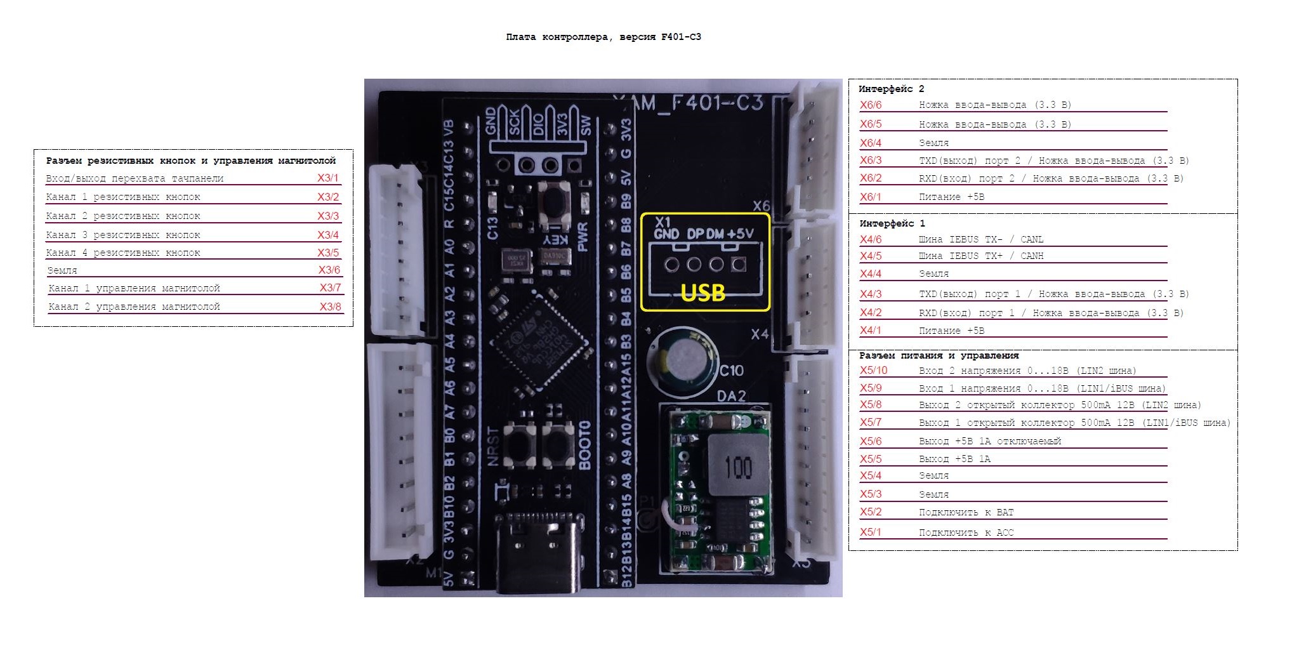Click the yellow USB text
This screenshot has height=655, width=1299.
[x=702, y=292]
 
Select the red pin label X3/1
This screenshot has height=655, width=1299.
[x=328, y=178]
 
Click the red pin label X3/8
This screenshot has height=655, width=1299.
[x=330, y=307]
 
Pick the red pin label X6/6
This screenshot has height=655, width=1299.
[x=871, y=105]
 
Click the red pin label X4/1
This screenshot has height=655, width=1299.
[x=871, y=330]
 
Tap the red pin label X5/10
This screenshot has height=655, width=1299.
[x=873, y=371]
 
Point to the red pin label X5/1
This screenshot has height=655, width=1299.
[x=871, y=532]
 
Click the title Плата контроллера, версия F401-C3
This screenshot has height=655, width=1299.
[x=603, y=37]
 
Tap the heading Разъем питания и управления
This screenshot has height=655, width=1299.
[x=939, y=355]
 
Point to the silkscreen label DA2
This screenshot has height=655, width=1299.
[x=731, y=396]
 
